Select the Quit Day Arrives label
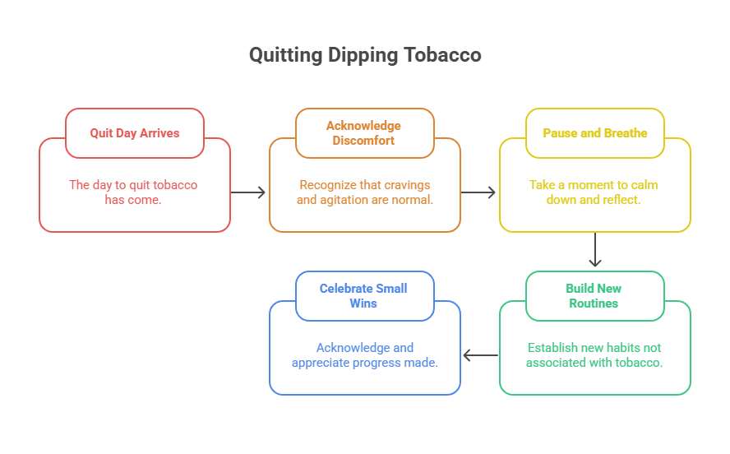click(x=135, y=133)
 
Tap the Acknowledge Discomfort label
click(x=364, y=133)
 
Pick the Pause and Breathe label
click(x=595, y=133)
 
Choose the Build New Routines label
click(x=594, y=296)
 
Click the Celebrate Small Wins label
click(x=364, y=296)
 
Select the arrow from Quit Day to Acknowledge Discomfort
click(x=249, y=192)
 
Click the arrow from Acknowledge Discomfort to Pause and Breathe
click(x=479, y=192)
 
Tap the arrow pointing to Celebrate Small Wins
click(x=480, y=355)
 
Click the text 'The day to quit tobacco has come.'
click(x=133, y=192)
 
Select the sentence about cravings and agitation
click(x=364, y=192)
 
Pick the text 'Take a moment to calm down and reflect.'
click(x=594, y=192)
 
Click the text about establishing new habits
click(x=594, y=355)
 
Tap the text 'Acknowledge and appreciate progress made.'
click(x=364, y=355)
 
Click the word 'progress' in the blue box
click(x=373, y=363)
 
